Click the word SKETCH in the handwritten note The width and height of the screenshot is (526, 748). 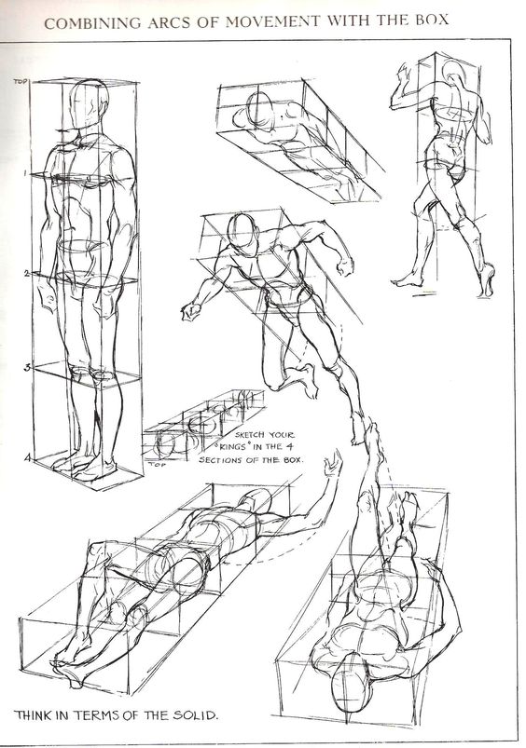[250, 435]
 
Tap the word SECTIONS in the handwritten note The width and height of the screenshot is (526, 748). [219, 460]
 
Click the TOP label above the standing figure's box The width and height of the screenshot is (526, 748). [21, 82]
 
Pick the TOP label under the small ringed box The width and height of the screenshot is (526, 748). [154, 464]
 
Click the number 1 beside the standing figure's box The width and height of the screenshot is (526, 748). [25, 174]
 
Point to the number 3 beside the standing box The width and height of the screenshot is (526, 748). [28, 368]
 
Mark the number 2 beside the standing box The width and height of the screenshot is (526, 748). [27, 274]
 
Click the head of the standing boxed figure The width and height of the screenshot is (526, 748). [88, 104]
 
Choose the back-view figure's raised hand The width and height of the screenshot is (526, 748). [403, 73]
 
